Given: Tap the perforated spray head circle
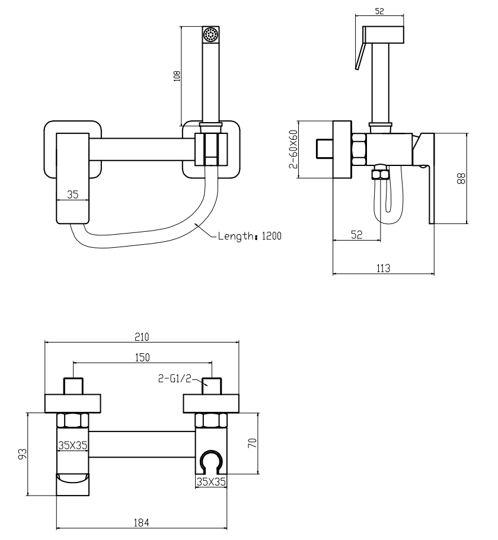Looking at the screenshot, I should coord(211,34).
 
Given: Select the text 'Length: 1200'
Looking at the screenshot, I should coord(249,235).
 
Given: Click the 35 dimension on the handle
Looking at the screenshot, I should coord(73,194).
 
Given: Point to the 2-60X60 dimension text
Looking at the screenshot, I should coord(292,149).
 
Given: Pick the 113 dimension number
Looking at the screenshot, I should coord(383,268).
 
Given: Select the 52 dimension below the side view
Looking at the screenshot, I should coord(356,235).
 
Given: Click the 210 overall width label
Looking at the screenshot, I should coord(141,337).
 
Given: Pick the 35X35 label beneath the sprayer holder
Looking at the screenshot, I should coord(212,482).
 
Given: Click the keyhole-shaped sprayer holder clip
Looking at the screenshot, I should coord(212,462).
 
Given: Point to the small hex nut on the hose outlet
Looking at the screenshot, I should coord(378,174).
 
